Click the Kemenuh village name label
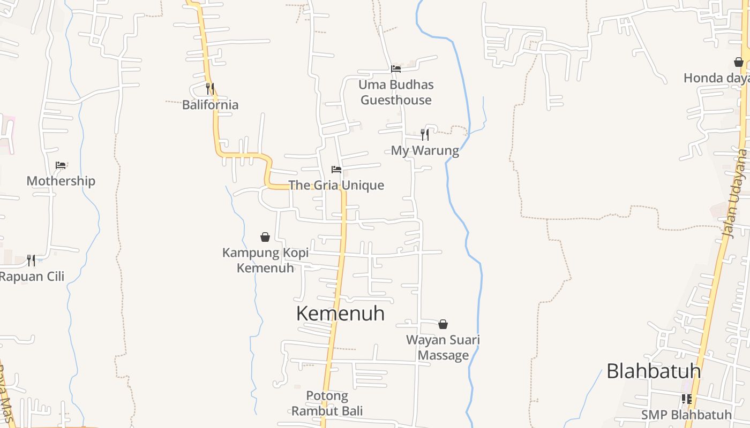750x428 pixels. [340, 314]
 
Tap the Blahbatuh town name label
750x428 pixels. [654, 371]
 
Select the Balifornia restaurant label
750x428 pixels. [210, 104]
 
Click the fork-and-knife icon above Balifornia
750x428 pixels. [210, 88]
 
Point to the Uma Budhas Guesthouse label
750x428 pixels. [396, 92]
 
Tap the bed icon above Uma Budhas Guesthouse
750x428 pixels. [396, 68]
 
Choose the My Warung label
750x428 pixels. [425, 150]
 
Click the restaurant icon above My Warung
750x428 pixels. [425, 134]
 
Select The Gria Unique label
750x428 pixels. [336, 185]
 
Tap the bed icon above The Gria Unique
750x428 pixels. [336, 170]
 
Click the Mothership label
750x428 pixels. [61, 181]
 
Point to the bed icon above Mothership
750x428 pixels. [61, 165]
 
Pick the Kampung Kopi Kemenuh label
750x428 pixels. [265, 260]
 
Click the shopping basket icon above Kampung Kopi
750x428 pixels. [265, 236]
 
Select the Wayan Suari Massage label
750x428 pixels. [443, 347]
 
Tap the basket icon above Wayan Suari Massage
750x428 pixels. [443, 324]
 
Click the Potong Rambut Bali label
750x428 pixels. [327, 403]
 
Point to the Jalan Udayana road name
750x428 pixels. [734, 194]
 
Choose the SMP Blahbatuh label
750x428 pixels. [686, 415]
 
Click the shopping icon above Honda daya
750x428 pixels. [739, 62]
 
